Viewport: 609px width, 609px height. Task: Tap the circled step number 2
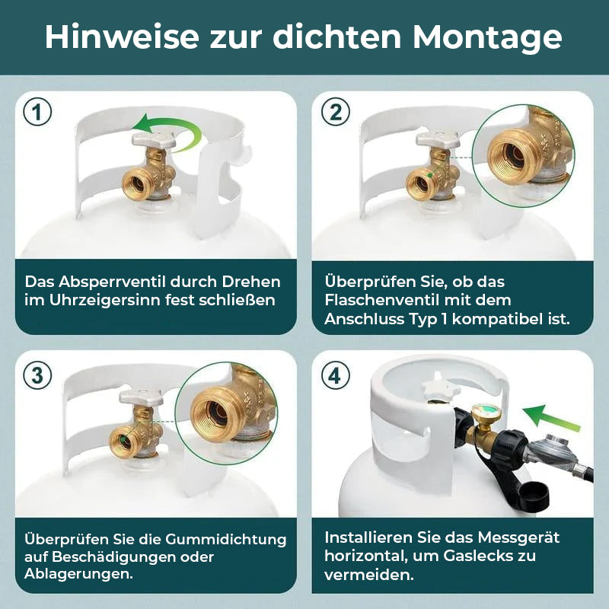[x=335, y=112]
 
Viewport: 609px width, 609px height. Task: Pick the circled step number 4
[x=335, y=375]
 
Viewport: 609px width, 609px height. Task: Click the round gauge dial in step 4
[x=484, y=416]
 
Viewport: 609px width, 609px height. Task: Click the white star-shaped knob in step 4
[x=437, y=386]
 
